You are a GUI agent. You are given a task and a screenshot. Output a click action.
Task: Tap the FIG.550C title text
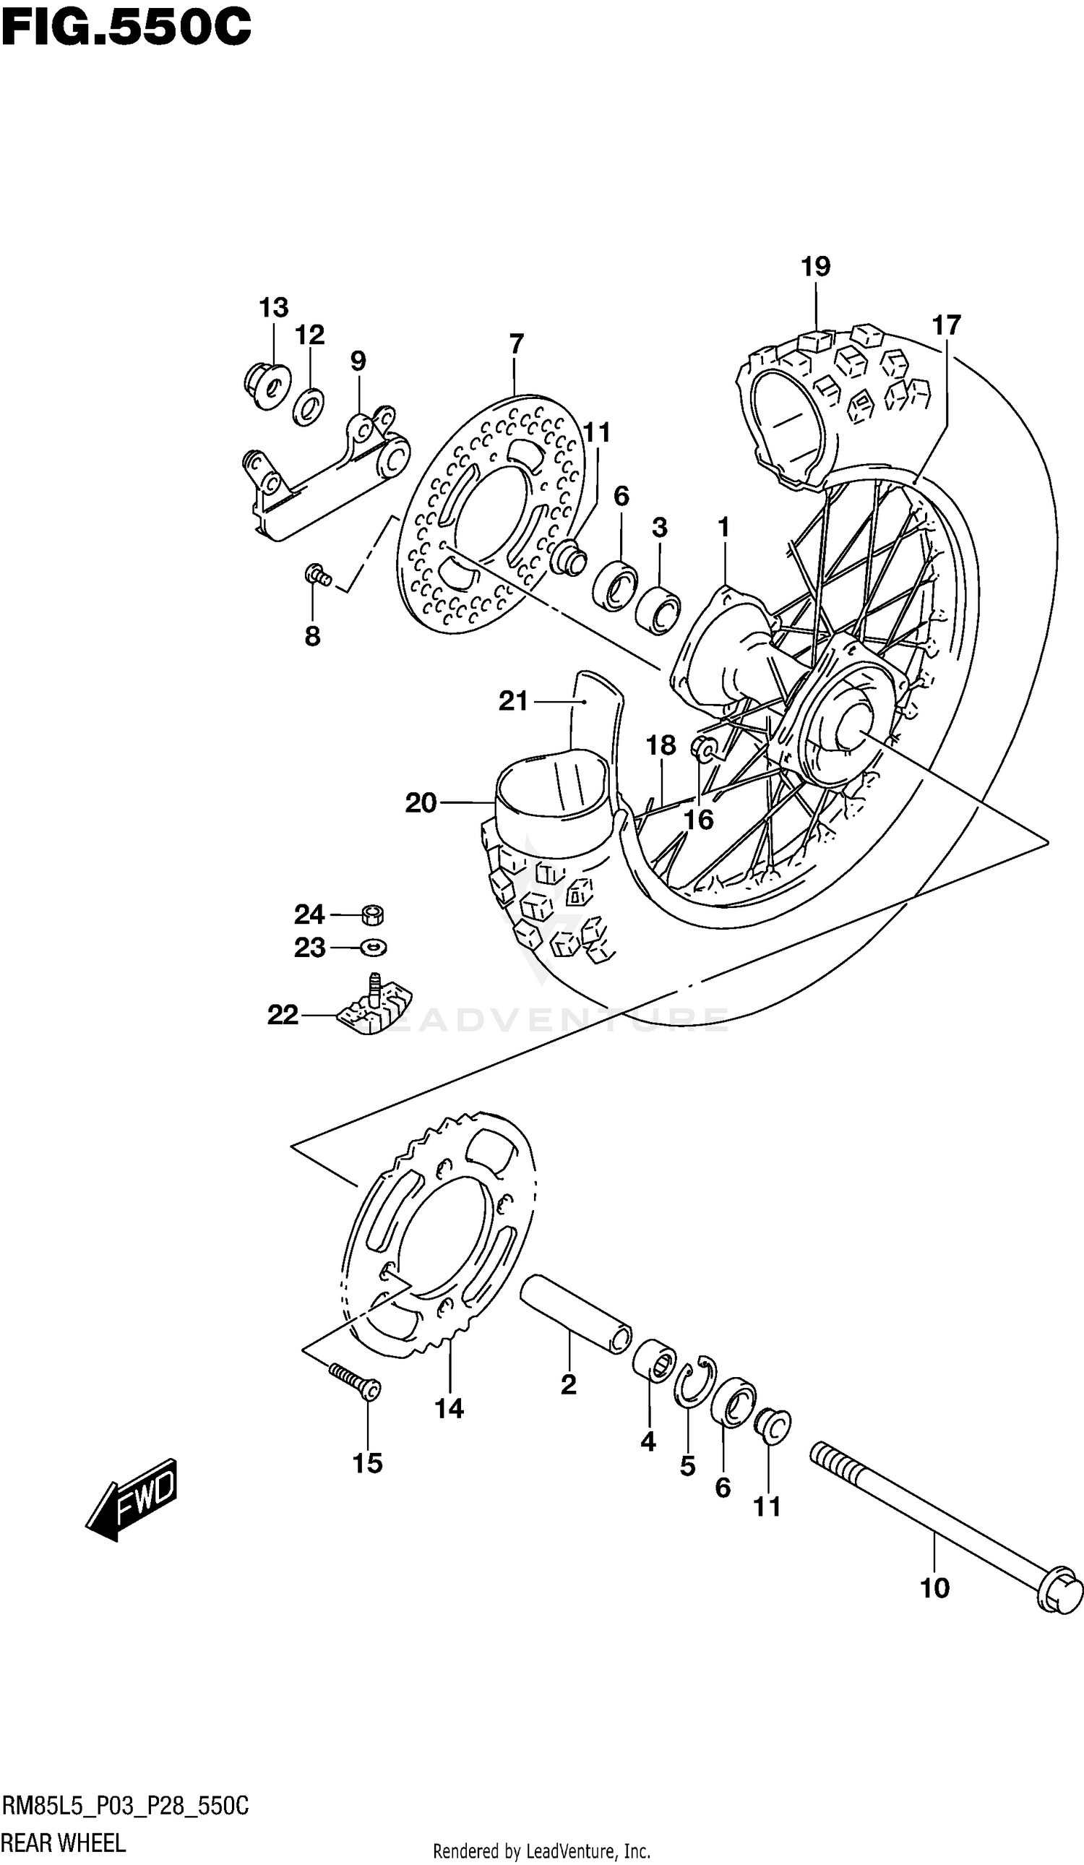(126, 27)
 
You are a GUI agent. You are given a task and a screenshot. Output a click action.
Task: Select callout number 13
(273, 307)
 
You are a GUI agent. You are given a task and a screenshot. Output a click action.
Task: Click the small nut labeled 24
(373, 915)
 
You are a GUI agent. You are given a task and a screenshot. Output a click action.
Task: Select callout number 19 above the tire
(815, 267)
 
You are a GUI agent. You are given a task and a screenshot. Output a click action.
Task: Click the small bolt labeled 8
(317, 573)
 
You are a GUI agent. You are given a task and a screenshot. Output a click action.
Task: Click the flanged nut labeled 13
(267, 385)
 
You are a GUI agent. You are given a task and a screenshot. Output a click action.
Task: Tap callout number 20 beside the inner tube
(421, 803)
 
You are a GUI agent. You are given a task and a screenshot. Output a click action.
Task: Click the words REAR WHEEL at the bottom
(63, 1842)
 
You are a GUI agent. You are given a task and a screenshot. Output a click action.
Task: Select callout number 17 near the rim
(946, 325)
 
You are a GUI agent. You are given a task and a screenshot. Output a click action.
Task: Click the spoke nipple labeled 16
(704, 749)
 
